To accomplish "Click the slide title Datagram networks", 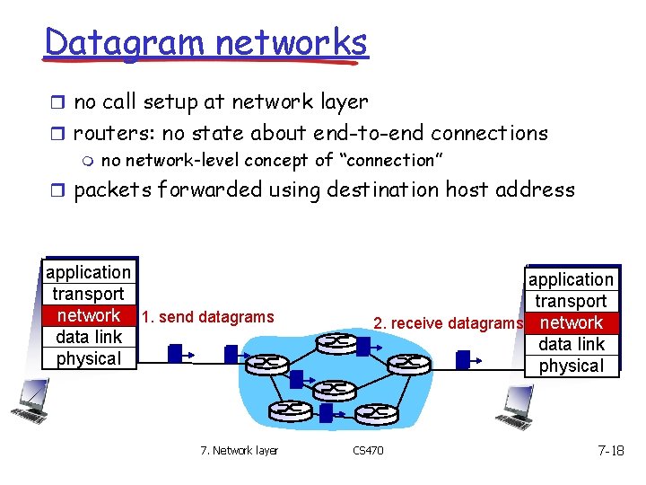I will (205, 42).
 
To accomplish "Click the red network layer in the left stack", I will (88, 315).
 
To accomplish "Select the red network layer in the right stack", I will (572, 322).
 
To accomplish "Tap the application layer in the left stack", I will (88, 272).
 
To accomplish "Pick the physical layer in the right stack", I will (572, 366).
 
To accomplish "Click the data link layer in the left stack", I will (88, 337).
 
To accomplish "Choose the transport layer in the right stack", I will (572, 301).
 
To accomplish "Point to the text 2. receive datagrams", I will (448, 323).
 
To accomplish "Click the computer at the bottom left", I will (31, 401).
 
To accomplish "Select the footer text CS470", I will (368, 450).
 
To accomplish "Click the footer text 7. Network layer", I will (240, 450).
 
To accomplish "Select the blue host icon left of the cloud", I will (176, 351).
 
